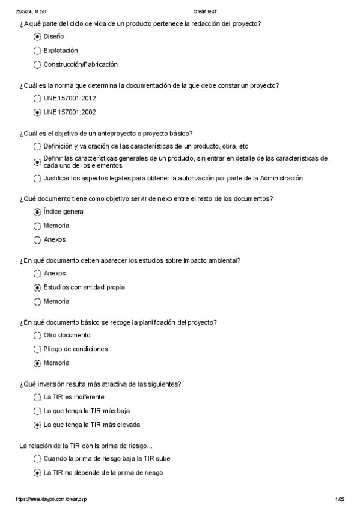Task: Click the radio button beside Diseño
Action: pyautogui.click(x=38, y=37)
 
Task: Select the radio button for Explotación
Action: pyautogui.click(x=38, y=51)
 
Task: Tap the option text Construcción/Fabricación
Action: pyautogui.click(x=81, y=64)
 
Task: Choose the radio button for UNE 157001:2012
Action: pyautogui.click(x=38, y=98)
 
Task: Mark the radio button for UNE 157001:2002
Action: pyautogui.click(x=38, y=112)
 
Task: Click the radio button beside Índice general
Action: pyautogui.click(x=38, y=212)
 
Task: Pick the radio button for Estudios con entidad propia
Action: pyautogui.click(x=38, y=287)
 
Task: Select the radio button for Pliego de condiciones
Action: pyautogui.click(x=38, y=349)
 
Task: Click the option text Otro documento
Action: pyautogui.click(x=67, y=335)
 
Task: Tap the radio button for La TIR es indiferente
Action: pyautogui.click(x=38, y=397)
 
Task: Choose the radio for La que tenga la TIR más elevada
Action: pyautogui.click(x=38, y=425)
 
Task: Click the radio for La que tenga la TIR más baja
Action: pyautogui.click(x=38, y=411)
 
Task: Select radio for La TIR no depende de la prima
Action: pyautogui.click(x=38, y=473)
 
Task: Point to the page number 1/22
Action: pyautogui.click(x=340, y=499)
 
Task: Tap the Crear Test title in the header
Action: pyautogui.click(x=205, y=11)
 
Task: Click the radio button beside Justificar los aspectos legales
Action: pyautogui.click(x=38, y=179)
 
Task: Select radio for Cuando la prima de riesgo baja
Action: pyautogui.click(x=38, y=459)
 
